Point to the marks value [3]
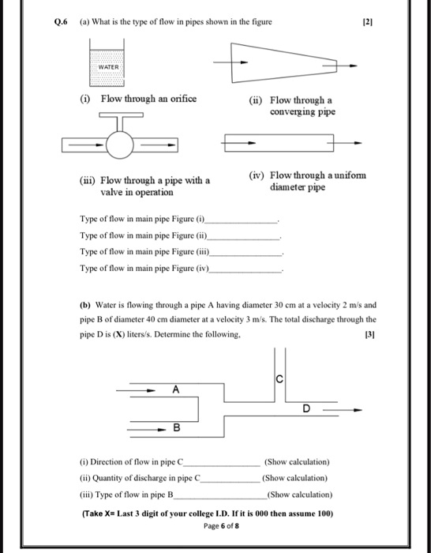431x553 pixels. [x=370, y=335]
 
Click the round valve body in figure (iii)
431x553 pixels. [x=122, y=144]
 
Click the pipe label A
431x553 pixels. [x=175, y=389]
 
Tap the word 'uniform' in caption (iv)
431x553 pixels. [x=348, y=175]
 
